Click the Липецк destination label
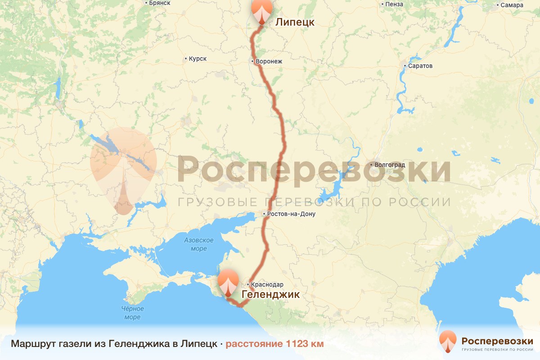click(295, 22)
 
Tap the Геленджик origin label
click(270, 294)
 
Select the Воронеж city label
click(269, 61)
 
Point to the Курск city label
click(198, 58)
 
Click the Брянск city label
click(160, 3)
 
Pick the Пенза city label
click(394, 4)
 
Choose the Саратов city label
click(420, 66)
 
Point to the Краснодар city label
click(267, 284)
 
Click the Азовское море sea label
click(198, 244)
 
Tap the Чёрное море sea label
click(132, 313)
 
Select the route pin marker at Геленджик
click(228, 282)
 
